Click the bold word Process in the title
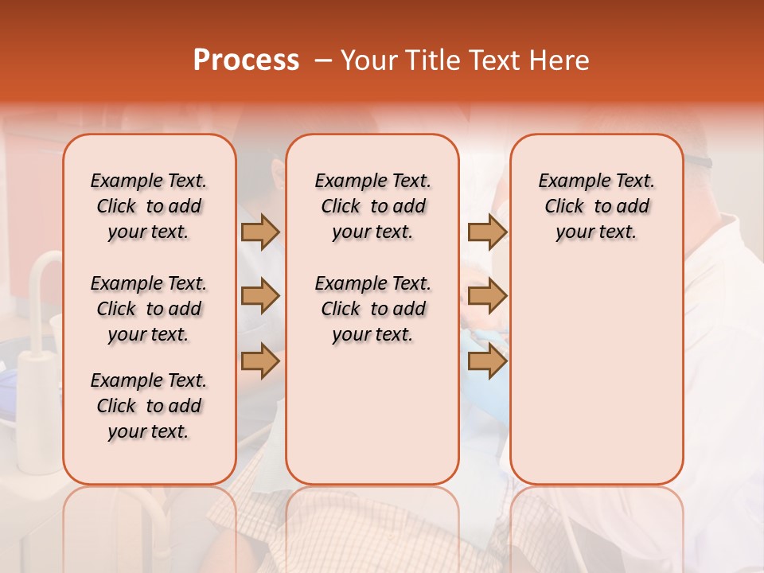(x=246, y=60)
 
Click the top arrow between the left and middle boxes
(x=260, y=232)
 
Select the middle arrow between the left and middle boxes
(x=260, y=297)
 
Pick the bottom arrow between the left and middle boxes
(x=260, y=361)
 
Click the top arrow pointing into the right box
(x=487, y=232)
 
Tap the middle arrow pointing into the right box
(x=487, y=297)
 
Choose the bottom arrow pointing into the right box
(x=487, y=361)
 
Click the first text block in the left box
(x=149, y=206)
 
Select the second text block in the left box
(x=149, y=309)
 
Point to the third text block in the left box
(x=149, y=406)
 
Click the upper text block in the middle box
(x=372, y=206)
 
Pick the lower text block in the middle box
(x=372, y=309)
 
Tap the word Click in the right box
(x=564, y=207)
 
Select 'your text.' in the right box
(x=596, y=232)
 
